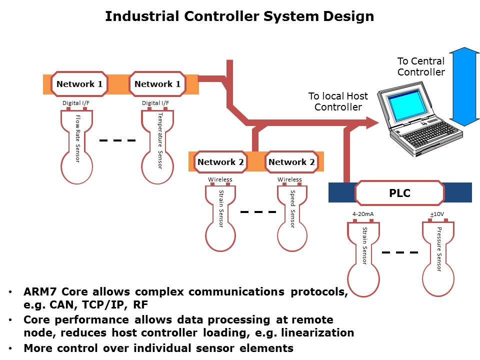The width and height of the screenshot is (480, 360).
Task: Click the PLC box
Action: point(399,193)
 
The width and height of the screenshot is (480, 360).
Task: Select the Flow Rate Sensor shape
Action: point(76,145)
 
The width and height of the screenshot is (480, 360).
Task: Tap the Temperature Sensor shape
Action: point(157,145)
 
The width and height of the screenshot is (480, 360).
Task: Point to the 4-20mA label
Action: point(363,214)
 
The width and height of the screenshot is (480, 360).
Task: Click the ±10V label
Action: point(437,214)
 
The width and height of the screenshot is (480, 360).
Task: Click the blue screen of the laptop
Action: point(407,109)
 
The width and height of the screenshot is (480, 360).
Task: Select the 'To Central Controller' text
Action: point(420,66)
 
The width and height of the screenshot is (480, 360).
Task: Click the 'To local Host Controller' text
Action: point(338,101)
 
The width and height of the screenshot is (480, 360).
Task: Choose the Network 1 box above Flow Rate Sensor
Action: point(79,84)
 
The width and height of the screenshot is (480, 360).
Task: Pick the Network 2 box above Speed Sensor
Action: point(292,162)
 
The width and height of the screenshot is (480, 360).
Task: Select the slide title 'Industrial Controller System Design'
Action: point(239,16)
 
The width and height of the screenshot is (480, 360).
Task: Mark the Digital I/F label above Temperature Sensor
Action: point(155,103)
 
